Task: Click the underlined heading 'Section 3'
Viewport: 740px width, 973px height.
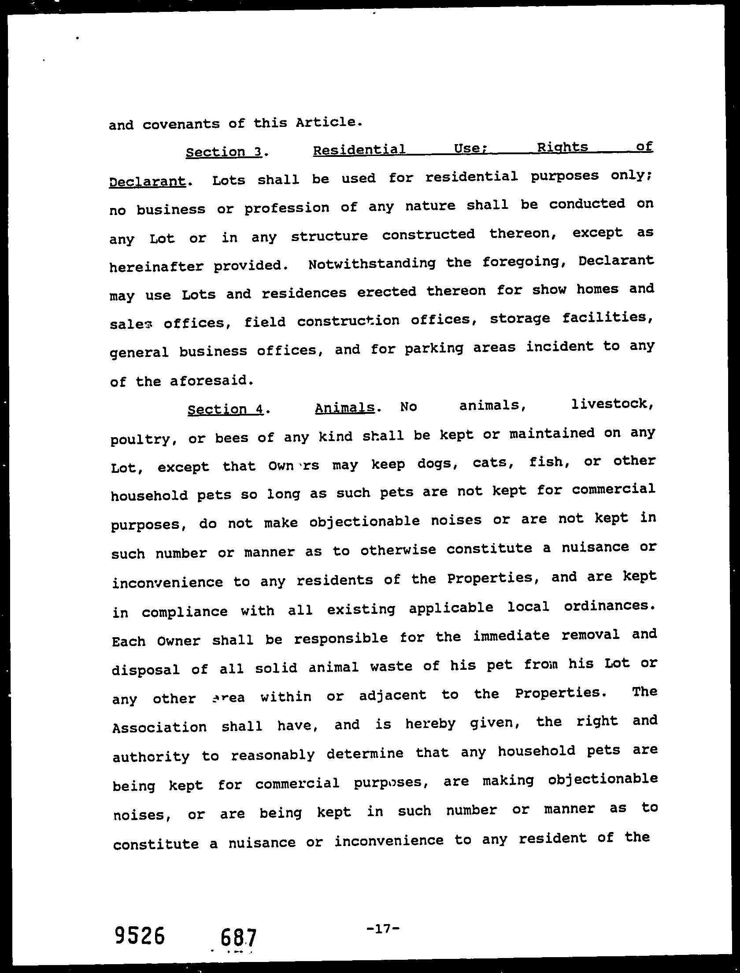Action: pyautogui.click(x=224, y=152)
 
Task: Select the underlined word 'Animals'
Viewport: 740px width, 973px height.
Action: pyautogui.click(x=344, y=408)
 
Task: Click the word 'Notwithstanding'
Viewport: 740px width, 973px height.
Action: pyautogui.click(x=372, y=264)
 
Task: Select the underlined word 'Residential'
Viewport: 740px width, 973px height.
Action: pyautogui.click(x=359, y=150)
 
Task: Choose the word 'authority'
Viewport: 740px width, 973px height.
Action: pyautogui.click(x=151, y=757)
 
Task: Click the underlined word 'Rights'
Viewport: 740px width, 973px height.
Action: pyautogui.click(x=563, y=147)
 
